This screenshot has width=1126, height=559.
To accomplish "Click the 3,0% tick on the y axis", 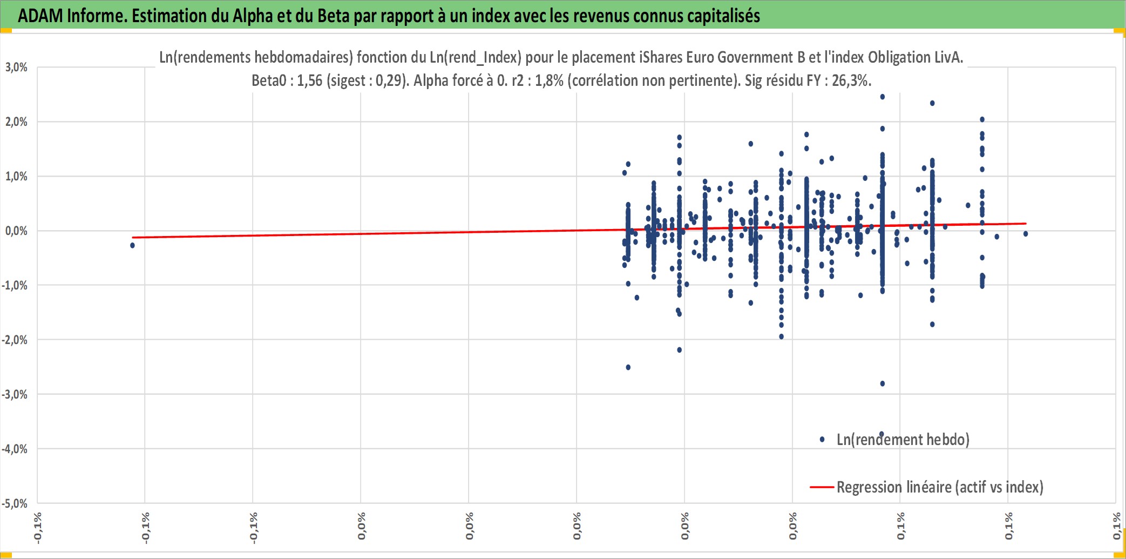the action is [x=16, y=68].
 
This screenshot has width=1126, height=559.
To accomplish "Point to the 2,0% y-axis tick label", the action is [x=16, y=122].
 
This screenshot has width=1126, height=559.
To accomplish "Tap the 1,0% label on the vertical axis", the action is [x=16, y=177].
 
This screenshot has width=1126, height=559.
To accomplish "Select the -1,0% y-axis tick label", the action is [x=15, y=286].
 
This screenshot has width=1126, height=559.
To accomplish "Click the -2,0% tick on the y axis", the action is [x=15, y=340].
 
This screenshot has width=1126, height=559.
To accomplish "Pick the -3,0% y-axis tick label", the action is [x=15, y=395].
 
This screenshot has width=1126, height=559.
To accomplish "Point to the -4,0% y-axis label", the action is [x=15, y=449].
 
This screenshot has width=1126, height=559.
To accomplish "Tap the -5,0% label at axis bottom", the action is [x=15, y=504].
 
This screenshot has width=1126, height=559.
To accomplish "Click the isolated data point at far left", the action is [x=132, y=245].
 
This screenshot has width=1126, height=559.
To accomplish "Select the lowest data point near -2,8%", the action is [x=883, y=383].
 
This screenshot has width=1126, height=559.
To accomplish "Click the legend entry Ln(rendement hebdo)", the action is [x=903, y=440].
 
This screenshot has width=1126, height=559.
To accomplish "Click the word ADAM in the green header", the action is [x=40, y=16].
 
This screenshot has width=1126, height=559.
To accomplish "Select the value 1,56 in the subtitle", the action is [x=310, y=80].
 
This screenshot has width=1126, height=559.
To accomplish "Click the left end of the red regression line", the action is [x=133, y=238].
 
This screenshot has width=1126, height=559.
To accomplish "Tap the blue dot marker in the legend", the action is [x=822, y=440].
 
